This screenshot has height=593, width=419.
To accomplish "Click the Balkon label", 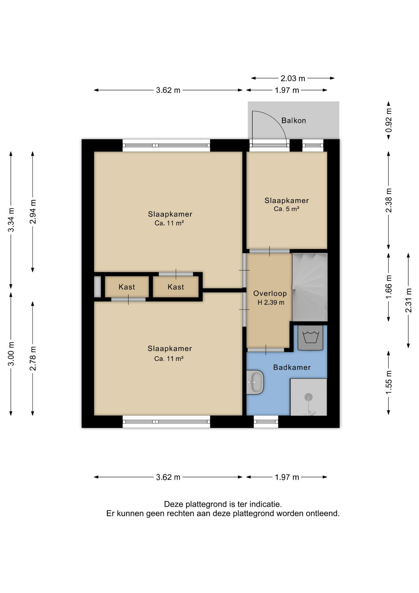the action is pyautogui.click(x=293, y=120).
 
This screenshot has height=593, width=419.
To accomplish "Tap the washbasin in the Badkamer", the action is pyautogui.click(x=255, y=382).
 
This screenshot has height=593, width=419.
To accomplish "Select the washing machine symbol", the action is pyautogui.click(x=310, y=338).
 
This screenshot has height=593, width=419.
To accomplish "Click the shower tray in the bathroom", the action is pyautogui.click(x=309, y=397).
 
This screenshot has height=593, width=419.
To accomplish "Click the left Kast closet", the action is pyautogui.click(x=127, y=287).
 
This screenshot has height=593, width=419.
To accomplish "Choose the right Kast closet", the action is pyautogui.click(x=176, y=287).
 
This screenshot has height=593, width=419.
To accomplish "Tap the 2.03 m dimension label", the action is pyautogui.click(x=293, y=78).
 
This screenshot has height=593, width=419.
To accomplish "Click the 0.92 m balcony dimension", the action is pyautogui.click(x=389, y=120).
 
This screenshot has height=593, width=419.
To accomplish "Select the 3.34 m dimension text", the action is pyautogui.click(x=11, y=220).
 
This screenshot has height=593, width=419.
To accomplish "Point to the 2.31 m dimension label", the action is pyautogui.click(x=409, y=300).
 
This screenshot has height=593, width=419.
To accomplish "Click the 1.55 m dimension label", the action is pyautogui.click(x=389, y=382).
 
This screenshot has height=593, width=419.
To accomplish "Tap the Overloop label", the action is pyautogui.click(x=270, y=293).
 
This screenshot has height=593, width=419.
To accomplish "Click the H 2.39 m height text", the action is pyautogui.click(x=271, y=303).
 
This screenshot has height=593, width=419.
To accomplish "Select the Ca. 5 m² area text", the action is pyautogui.click(x=286, y=209).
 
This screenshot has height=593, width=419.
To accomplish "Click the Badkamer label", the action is pyautogui.click(x=292, y=367).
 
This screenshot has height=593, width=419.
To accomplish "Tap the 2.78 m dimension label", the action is pyautogui.click(x=33, y=358).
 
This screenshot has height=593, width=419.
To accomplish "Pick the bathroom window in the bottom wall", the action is pyautogui.click(x=266, y=422).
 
